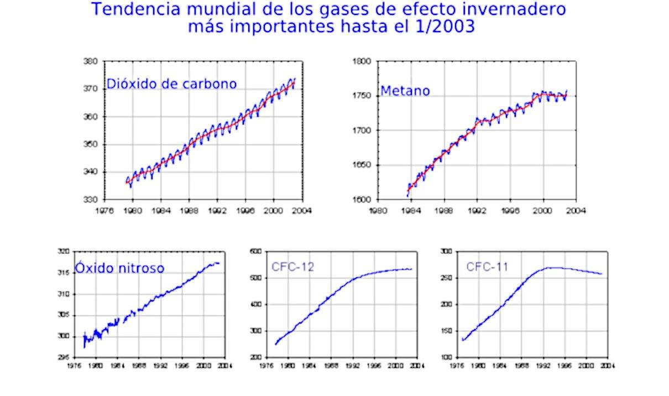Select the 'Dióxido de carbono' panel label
171,84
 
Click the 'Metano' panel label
405,91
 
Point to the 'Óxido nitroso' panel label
119,268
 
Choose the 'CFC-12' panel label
293,267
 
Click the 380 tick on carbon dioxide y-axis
91,61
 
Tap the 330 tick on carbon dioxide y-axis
91,200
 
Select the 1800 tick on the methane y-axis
363,61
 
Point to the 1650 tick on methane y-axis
363,165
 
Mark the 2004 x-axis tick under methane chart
576,210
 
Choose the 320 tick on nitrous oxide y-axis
64,252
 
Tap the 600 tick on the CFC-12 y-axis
255,252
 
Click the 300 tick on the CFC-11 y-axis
446,252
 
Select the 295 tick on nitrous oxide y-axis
64,357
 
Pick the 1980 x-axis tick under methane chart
378,210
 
